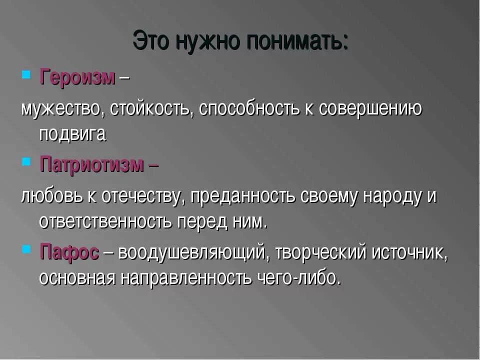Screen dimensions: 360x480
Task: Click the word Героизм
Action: click(x=77, y=77)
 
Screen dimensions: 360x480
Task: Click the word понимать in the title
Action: click(x=295, y=41)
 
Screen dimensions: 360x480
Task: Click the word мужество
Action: click(x=59, y=108)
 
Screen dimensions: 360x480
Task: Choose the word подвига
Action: click(x=72, y=134)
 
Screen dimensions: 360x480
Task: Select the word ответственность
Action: click(x=105, y=221)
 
